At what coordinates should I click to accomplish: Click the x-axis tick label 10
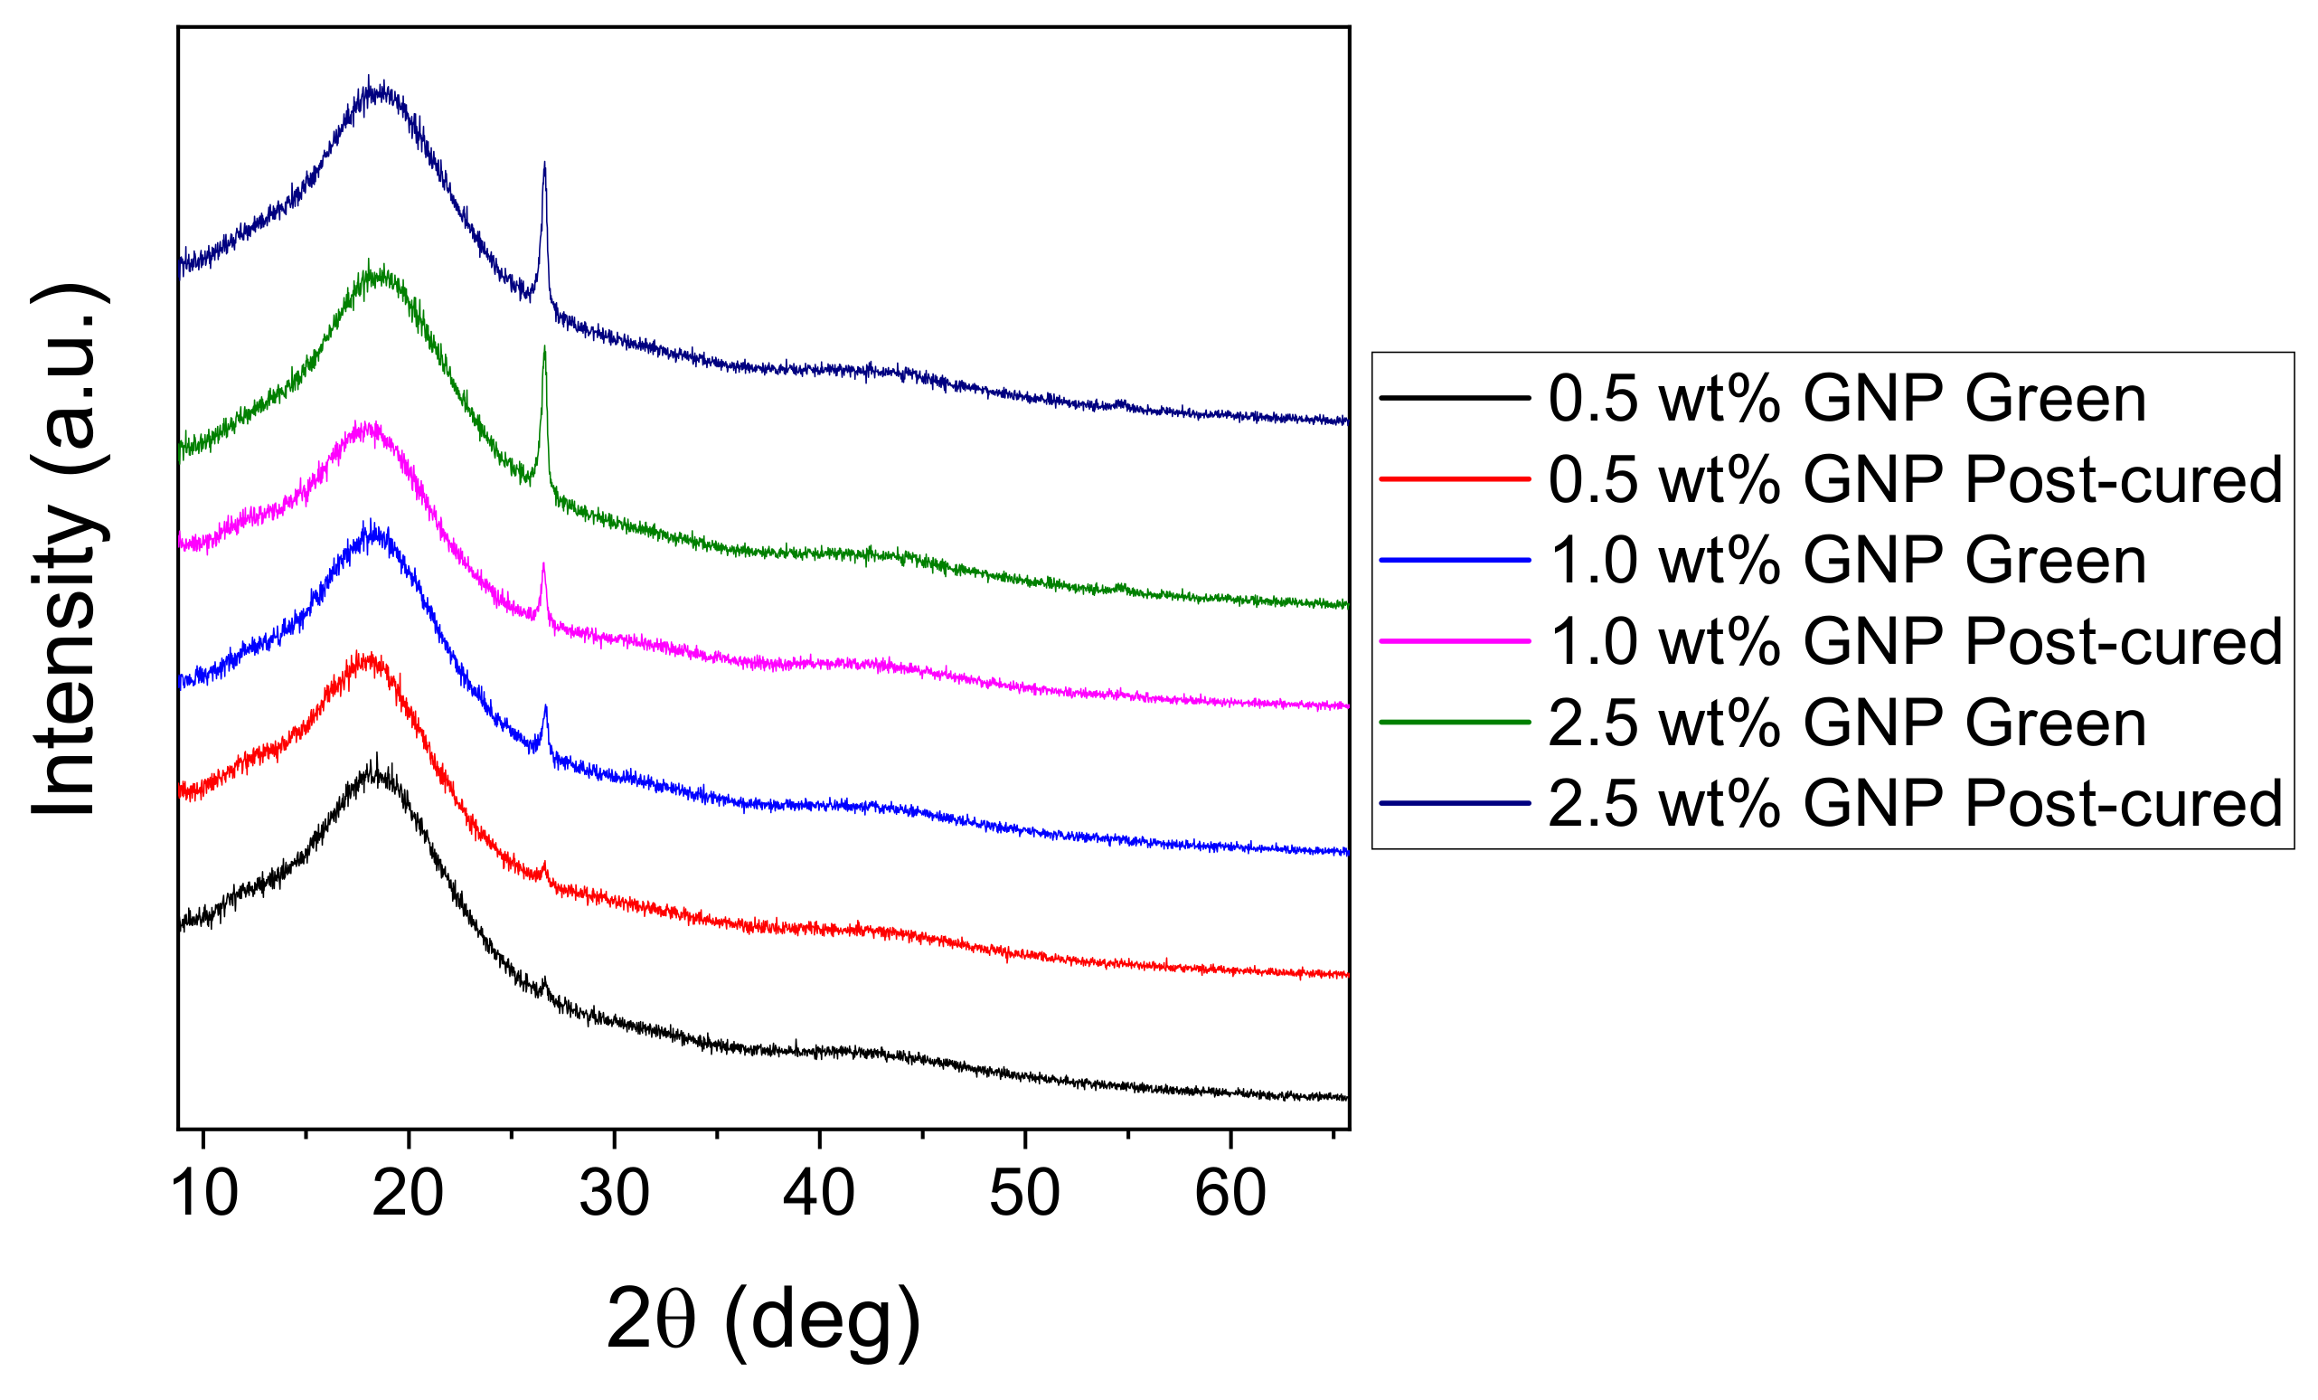coord(204,1194)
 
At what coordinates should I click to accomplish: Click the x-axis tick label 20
coord(409,1194)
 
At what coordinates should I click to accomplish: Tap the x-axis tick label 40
coord(819,1194)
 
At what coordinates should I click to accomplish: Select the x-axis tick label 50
coord(1024,1194)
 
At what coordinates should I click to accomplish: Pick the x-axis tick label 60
coord(1230,1194)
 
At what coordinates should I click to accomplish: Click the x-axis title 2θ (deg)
coord(763,1320)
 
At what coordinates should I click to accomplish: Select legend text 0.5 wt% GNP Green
coord(1848,399)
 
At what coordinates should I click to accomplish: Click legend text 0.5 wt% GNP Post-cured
coord(1916,480)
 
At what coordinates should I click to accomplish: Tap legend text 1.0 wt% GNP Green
coord(1848,561)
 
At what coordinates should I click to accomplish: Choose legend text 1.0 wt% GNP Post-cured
coord(1916,642)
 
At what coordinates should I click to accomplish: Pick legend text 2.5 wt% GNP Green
coord(1848,723)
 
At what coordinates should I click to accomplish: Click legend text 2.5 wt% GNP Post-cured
coord(1916,803)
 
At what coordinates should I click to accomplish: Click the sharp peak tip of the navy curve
coord(543,165)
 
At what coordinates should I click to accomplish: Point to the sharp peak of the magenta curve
coord(542,565)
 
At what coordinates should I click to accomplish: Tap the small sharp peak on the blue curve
coord(544,707)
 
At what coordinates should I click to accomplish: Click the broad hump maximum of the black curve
coord(376,773)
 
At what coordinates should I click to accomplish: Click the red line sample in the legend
coord(1455,480)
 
